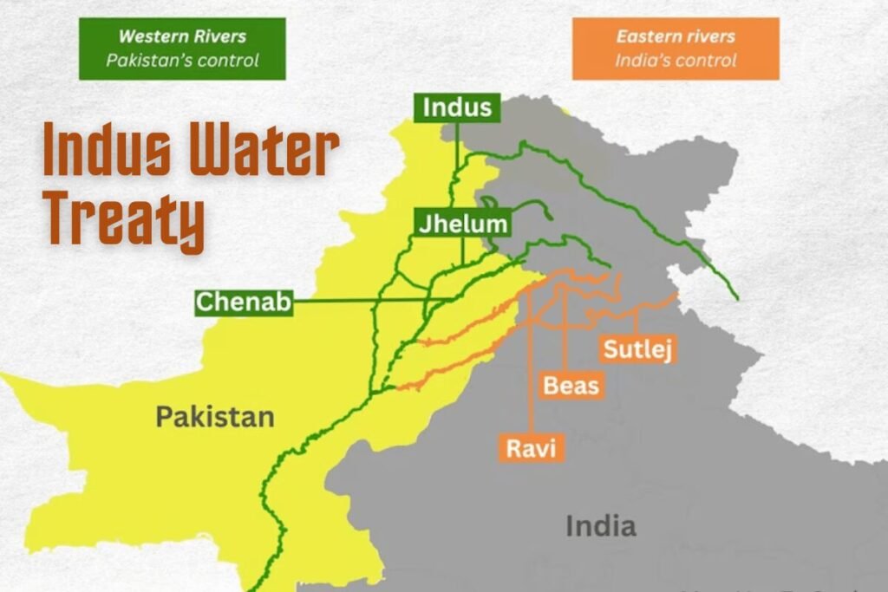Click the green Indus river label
(457, 108)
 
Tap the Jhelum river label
(460, 224)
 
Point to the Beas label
(571, 384)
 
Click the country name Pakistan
(215, 417)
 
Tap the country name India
(600, 525)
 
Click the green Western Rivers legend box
(182, 49)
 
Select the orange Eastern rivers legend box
(676, 49)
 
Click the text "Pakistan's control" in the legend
(182, 61)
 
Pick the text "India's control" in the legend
(676, 61)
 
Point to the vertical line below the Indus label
(457, 147)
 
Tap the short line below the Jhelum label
(463, 250)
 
